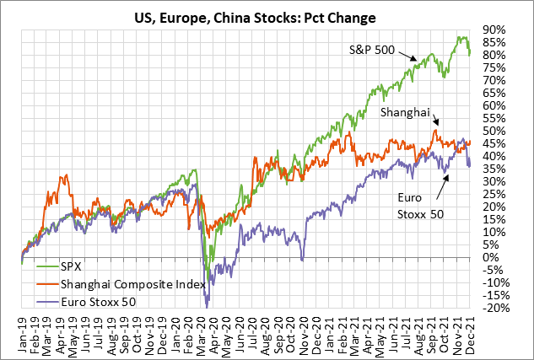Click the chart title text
click(267, 16)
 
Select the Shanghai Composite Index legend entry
click(127, 284)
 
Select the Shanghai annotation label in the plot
click(407, 111)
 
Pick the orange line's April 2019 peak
click(63, 176)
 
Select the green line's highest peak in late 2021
click(459, 36)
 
